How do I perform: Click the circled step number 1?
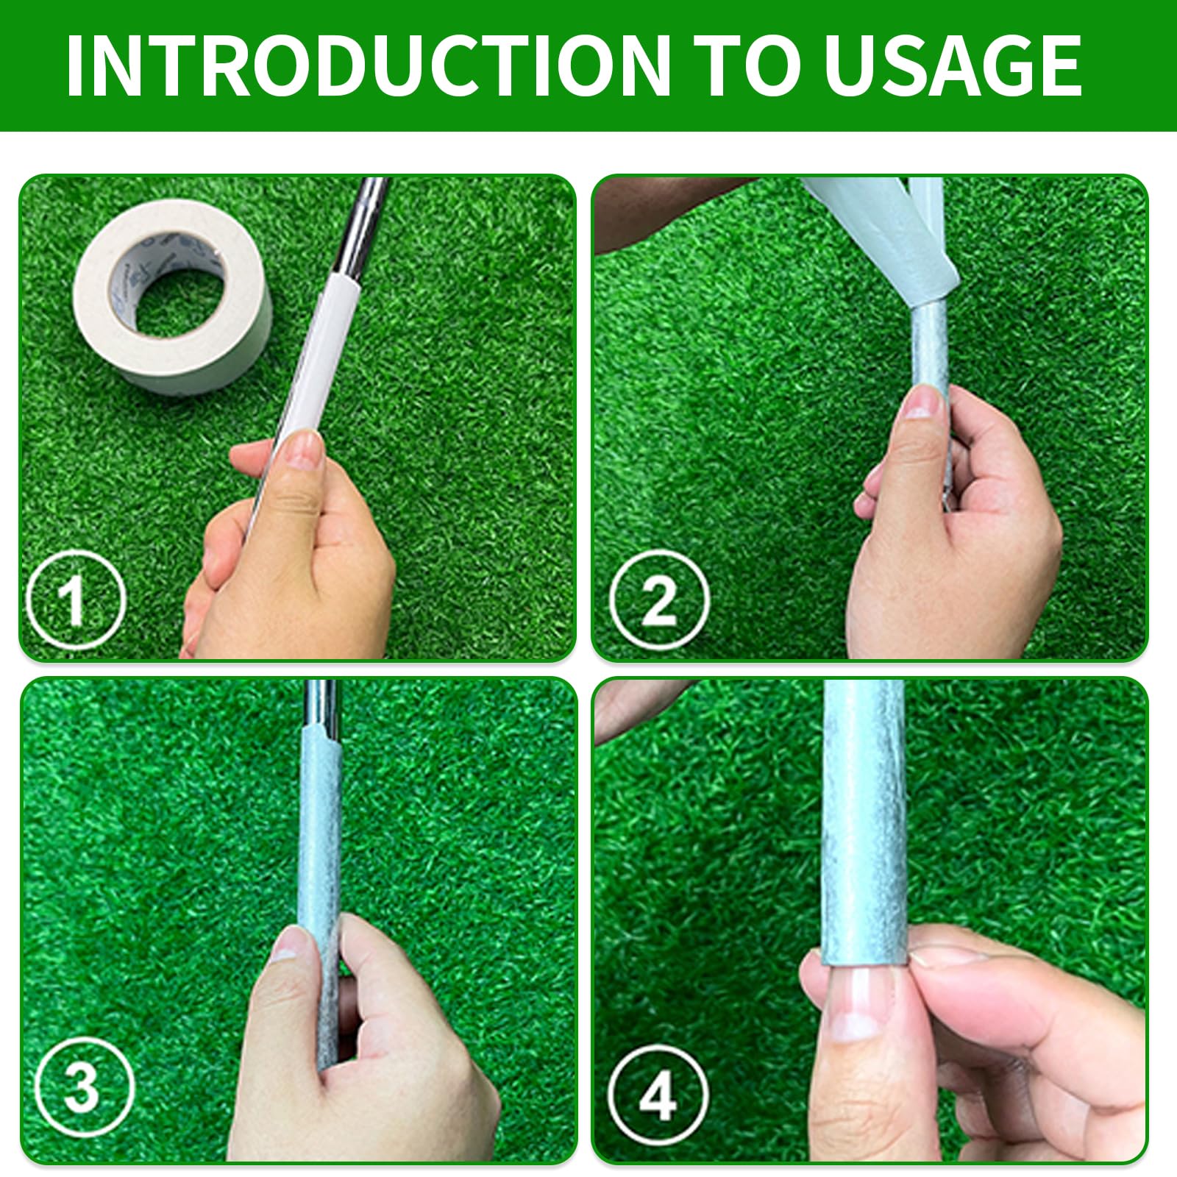click(x=75, y=600)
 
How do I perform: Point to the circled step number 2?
click(x=659, y=600)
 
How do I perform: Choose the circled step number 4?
click(x=659, y=1095)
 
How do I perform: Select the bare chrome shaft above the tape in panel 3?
click(x=322, y=703)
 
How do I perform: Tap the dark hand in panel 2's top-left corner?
click(x=662, y=210)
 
